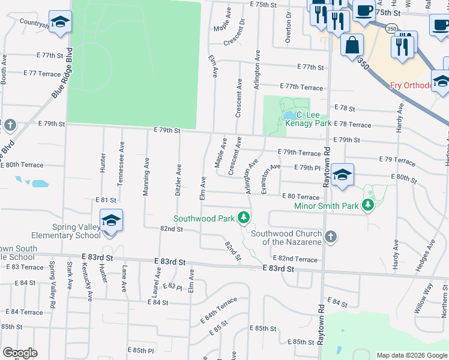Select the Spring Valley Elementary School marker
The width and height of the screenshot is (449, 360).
pyautogui.click(x=111, y=221)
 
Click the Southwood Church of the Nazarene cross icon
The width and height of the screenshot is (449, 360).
pyautogui.click(x=330, y=237)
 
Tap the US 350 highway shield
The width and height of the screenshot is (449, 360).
pyautogui.click(x=391, y=28)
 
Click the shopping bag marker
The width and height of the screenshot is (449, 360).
pyautogui.click(x=352, y=44)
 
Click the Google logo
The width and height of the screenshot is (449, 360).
pyautogui.click(x=20, y=353)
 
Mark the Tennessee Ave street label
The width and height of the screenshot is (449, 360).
pyautogui.click(x=121, y=169)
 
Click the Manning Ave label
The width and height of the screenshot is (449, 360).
pyautogui.click(x=146, y=177)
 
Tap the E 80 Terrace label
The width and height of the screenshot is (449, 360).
pyautogui.click(x=300, y=196)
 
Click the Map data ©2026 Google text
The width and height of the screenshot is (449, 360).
pyautogui.click(x=411, y=355)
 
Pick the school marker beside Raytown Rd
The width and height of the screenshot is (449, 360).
pyautogui.click(x=342, y=176)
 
